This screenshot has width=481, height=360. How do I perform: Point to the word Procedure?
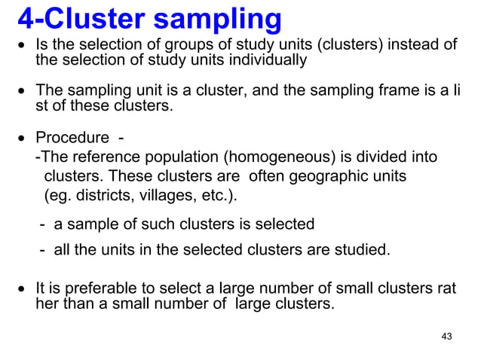pyautogui.click(x=72, y=140)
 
